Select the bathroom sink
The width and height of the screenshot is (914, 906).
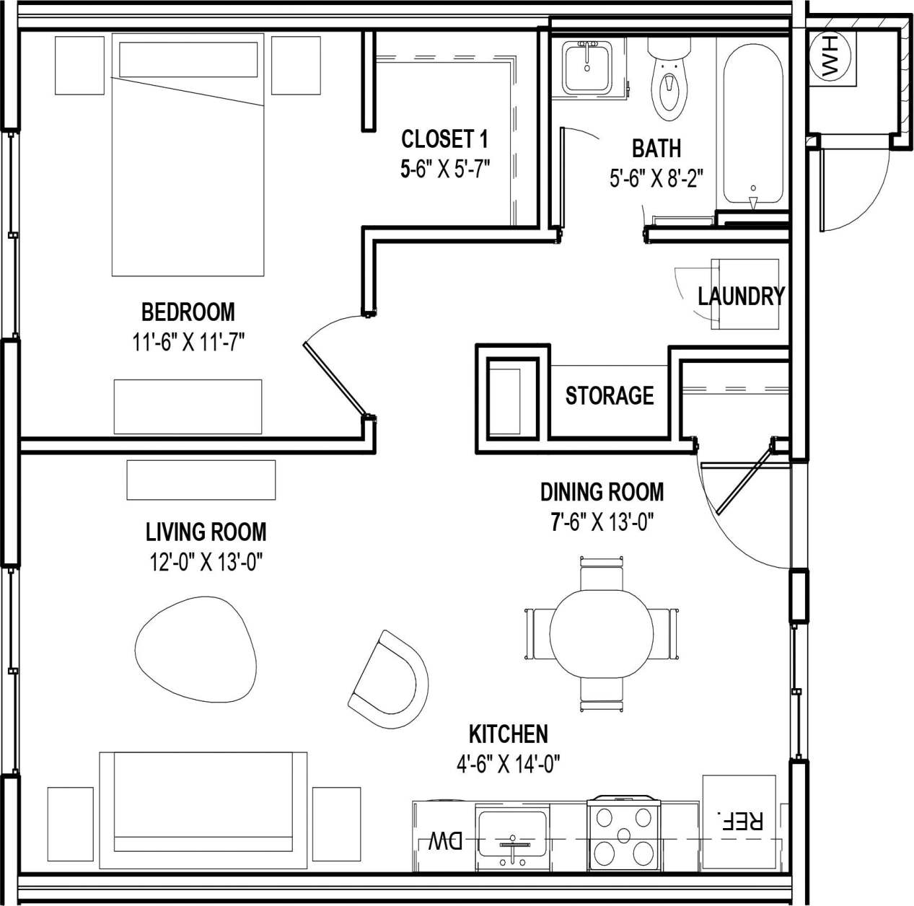click(x=587, y=66)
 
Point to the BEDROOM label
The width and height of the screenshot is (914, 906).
click(x=188, y=312)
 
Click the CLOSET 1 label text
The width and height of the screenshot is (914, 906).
click(x=444, y=138)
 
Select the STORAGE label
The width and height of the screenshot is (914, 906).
click(x=610, y=395)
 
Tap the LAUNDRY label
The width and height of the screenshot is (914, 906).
click(x=741, y=296)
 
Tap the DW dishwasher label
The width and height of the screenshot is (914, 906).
click(x=445, y=841)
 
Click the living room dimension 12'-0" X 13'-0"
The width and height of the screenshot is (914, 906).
click(x=206, y=562)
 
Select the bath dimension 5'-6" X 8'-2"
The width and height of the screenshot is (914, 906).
click(x=656, y=177)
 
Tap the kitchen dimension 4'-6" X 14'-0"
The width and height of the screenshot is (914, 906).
click(x=509, y=763)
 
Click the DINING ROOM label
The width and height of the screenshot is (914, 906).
click(x=602, y=492)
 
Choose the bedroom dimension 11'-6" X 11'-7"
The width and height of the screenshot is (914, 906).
click(x=188, y=342)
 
